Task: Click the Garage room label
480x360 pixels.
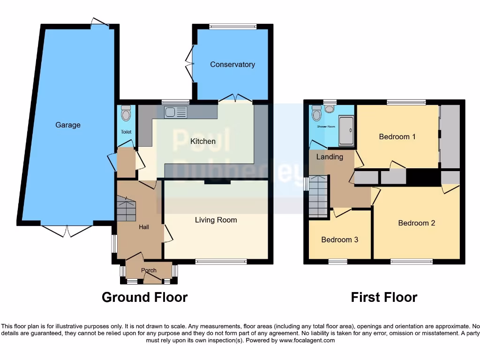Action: [x=68, y=125]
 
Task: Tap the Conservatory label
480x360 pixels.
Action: [x=232, y=65]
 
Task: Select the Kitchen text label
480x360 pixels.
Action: [x=203, y=141]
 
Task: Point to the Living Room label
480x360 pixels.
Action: [x=216, y=220]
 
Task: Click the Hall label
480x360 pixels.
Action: [x=144, y=227]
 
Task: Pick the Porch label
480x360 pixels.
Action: [x=149, y=270]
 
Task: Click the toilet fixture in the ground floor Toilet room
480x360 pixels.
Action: [x=126, y=113]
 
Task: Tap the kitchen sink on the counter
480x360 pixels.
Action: [x=176, y=112]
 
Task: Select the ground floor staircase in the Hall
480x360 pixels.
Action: [x=126, y=209]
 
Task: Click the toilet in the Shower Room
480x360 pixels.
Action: [x=317, y=113]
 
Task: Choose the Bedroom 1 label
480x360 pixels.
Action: [x=397, y=137]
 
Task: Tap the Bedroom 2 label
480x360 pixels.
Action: [x=417, y=223]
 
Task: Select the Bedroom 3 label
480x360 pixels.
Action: [x=340, y=240]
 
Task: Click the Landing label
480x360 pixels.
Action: [x=330, y=157]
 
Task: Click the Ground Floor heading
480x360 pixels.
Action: [x=144, y=297]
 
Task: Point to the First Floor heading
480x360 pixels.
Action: [x=384, y=297]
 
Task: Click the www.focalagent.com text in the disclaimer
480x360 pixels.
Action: [x=307, y=340]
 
